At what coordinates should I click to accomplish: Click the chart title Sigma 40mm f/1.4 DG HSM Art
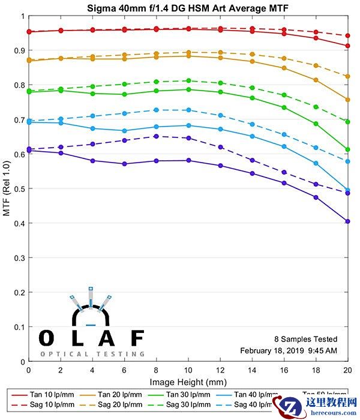click(180, 7)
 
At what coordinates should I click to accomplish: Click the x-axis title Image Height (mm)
click(188, 382)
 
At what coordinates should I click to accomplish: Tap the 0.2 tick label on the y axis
click(18, 293)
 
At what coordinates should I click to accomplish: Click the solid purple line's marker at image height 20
click(348, 221)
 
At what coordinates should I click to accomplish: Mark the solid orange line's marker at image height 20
click(348, 100)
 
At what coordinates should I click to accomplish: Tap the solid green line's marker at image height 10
click(188, 89)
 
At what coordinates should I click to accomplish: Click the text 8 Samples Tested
click(305, 340)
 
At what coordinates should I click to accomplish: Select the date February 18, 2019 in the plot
click(269, 350)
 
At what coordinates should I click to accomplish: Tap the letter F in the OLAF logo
click(137, 338)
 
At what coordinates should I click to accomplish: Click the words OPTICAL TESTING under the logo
click(92, 354)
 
